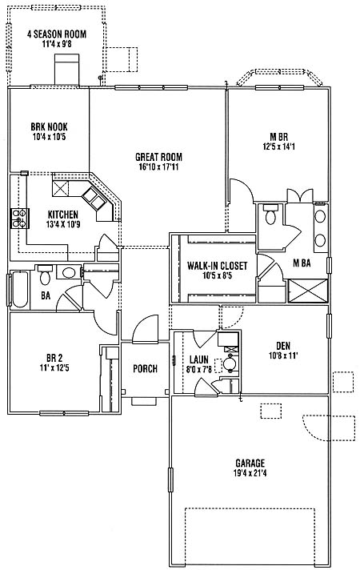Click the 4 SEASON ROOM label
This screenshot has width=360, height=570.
click(57, 34)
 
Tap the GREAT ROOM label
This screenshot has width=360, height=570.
click(158, 157)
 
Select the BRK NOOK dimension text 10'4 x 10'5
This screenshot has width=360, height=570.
click(49, 137)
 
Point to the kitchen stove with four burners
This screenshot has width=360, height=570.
click(20, 218)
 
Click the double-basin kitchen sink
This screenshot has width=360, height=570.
click(94, 199)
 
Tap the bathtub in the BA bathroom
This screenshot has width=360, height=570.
click(20, 289)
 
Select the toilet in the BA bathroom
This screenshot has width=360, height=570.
click(46, 275)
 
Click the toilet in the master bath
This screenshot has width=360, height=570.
click(270, 214)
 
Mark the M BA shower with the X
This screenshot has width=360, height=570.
click(308, 291)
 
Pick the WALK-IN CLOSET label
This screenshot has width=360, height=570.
click(218, 266)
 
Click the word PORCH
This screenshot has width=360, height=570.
click(146, 368)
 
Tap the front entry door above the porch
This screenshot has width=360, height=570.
click(146, 329)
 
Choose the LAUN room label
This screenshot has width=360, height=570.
click(199, 359)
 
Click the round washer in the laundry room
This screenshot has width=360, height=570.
click(230, 363)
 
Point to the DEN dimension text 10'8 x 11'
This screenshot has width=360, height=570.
click(283, 355)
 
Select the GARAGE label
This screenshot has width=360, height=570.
click(250, 463)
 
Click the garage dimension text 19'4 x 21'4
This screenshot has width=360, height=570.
click(250, 473)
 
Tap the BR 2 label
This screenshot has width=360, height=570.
click(54, 358)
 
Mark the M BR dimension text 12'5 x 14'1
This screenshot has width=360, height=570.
click(279, 147)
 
